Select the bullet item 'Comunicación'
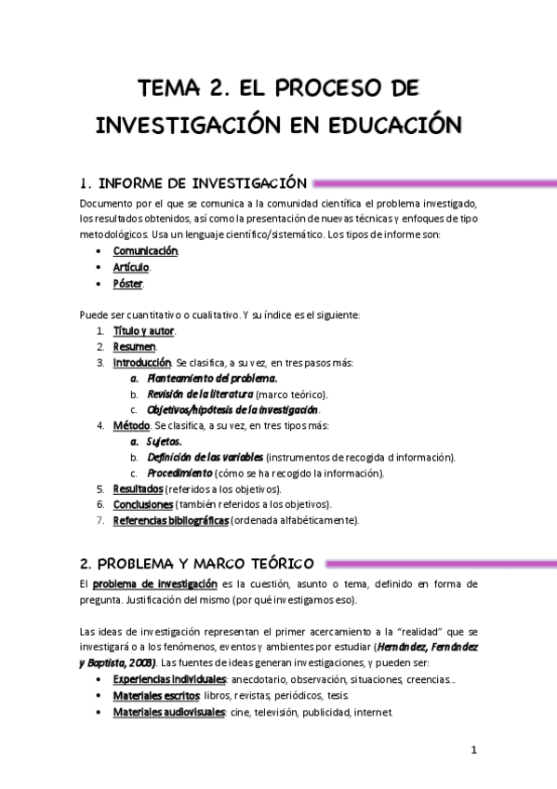point(145,251)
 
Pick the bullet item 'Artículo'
point(131,267)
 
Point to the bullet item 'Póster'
point(128,283)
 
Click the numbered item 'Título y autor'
point(143,330)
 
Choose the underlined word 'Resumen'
point(134,346)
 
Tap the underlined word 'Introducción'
point(141,362)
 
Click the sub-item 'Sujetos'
point(165,441)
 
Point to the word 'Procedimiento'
point(186,473)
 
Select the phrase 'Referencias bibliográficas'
point(170,520)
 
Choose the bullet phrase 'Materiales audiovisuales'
point(169,712)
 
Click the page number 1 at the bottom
point(473,750)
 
